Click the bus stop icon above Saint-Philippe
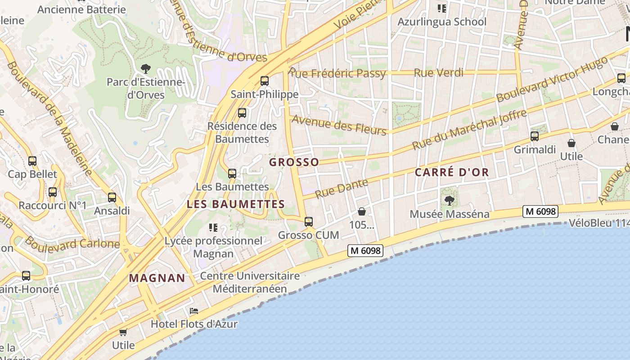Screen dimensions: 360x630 point(265,81)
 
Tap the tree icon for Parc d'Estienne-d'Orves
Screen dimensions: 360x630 point(145,69)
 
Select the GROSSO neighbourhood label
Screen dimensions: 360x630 point(294,162)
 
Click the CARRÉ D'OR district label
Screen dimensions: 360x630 point(451,172)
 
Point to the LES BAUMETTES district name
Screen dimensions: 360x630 point(236,204)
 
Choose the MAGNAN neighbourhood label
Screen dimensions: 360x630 point(157,278)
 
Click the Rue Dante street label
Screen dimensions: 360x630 point(342,189)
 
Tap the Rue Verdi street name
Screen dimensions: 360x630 point(438,72)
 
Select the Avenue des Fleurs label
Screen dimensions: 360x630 point(339,125)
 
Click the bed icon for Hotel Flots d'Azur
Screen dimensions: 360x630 point(194,311)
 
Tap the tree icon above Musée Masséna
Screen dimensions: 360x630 point(449,200)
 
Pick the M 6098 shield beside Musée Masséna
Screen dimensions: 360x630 point(540,211)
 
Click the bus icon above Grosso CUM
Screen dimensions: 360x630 point(308,221)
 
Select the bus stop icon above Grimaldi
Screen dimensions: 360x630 point(535,136)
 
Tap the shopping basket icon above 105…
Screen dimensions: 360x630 point(361,211)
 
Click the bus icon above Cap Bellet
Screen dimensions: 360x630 point(32,161)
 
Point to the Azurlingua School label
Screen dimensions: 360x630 point(441,22)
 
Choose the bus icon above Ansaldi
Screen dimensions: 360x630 point(112,197)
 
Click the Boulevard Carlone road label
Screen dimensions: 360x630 point(72,243)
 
